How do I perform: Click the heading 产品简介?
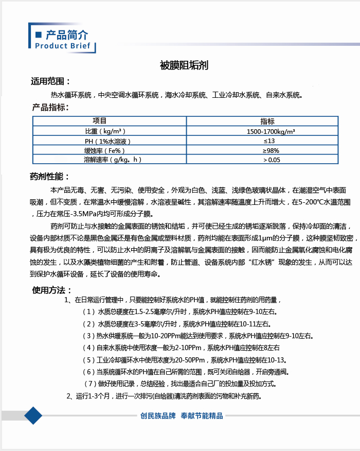pos(67,35)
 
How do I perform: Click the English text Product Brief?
pos(62,46)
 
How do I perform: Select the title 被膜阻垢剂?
pos(184,66)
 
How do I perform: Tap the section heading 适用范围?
pos(50,81)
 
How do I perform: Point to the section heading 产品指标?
pos(50,107)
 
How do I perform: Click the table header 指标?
pos(267,121)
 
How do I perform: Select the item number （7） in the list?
pos(90,384)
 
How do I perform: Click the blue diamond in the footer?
pos(33,415)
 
